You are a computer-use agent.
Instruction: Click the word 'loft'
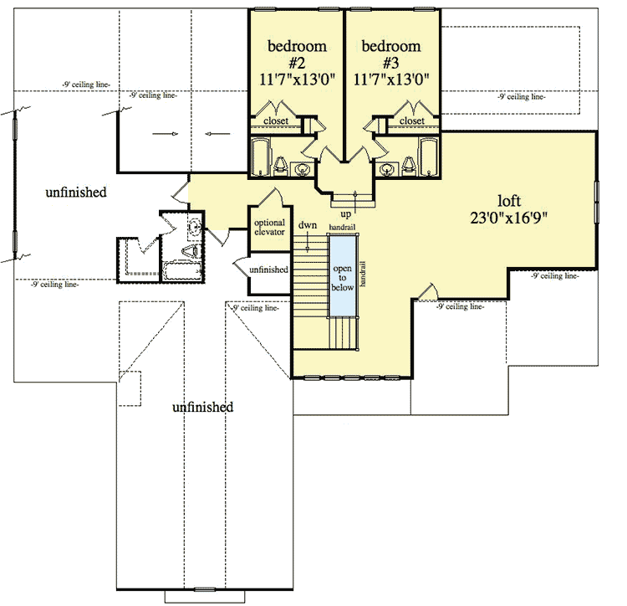511,201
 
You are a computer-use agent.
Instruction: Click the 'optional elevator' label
270,227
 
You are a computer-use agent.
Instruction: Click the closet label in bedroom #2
277,121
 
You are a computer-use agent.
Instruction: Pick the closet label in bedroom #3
411,121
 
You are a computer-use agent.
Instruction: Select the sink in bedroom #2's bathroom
302,171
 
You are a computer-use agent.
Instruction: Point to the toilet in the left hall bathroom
191,250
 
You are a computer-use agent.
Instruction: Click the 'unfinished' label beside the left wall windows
76,193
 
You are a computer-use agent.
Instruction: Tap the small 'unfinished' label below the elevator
269,270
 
